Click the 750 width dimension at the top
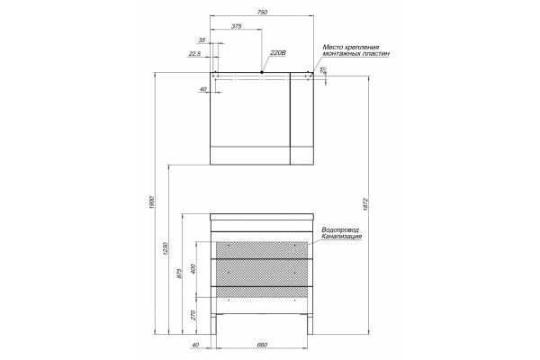click(262, 13)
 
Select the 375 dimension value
click(236, 26)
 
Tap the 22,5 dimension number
click(194, 54)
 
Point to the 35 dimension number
click(202, 40)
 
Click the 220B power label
click(278, 53)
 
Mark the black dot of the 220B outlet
click(262, 72)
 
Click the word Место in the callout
click(333, 47)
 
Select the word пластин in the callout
click(377, 54)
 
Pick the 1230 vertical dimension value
click(165, 249)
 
